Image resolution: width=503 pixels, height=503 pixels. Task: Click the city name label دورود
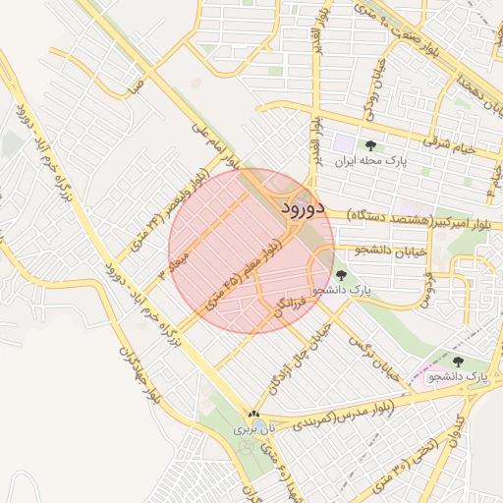click(x=302, y=207)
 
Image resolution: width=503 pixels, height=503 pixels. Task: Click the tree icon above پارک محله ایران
click(x=369, y=144)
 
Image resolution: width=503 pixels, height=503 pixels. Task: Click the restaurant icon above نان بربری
click(x=254, y=415)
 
